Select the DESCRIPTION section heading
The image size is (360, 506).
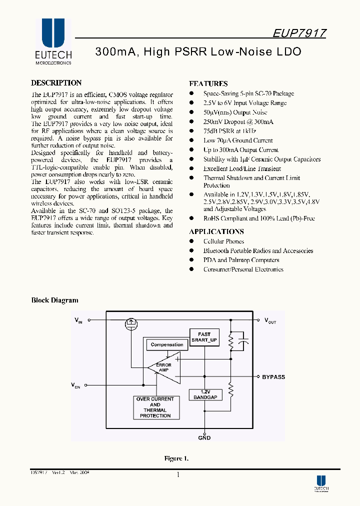(x=56, y=83)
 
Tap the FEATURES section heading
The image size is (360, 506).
(x=208, y=84)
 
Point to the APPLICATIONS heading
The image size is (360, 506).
(x=216, y=231)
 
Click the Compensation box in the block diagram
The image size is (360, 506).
(x=167, y=344)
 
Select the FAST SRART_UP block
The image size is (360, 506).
(x=204, y=337)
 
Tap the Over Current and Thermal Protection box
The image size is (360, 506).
(x=155, y=407)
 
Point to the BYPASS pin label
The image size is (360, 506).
(x=273, y=377)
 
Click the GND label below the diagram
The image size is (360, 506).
(x=204, y=438)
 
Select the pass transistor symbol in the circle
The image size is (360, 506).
(x=132, y=323)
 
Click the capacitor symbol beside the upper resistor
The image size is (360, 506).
(x=244, y=342)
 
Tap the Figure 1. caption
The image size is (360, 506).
(x=176, y=458)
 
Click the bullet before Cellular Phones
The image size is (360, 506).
(x=191, y=241)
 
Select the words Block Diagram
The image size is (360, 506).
(x=55, y=300)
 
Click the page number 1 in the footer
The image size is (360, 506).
(x=177, y=475)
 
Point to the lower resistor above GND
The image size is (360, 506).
(x=231, y=389)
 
